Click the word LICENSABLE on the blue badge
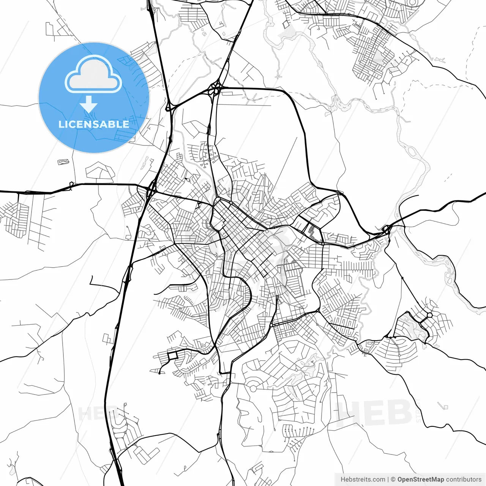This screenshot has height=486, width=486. click(x=93, y=124)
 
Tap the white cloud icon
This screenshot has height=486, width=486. click(x=93, y=74)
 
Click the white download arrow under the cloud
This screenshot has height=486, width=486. click(x=89, y=104)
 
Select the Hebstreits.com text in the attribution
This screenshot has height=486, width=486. click(x=363, y=480)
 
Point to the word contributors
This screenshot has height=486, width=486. click(x=464, y=480)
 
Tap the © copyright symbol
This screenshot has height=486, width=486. click(x=393, y=480)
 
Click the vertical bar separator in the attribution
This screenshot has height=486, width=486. click(x=388, y=480)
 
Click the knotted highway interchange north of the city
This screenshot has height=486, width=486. click(x=215, y=90)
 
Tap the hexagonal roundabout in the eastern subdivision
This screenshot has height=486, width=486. click(x=429, y=315)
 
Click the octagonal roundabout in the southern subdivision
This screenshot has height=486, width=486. click(x=252, y=388)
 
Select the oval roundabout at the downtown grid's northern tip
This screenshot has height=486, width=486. click(x=218, y=200)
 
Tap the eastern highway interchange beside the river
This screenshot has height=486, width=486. click(x=387, y=229)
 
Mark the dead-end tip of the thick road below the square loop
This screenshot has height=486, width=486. click(x=159, y=373)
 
